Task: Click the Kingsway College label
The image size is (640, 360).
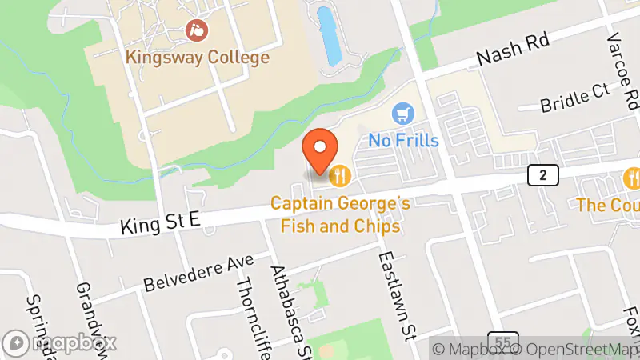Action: (x=196, y=58)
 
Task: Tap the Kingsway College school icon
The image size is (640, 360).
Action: (x=196, y=32)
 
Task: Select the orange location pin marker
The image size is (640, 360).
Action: (x=322, y=150)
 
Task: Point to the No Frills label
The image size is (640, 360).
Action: (x=404, y=140)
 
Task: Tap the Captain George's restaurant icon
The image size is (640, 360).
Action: (x=342, y=174)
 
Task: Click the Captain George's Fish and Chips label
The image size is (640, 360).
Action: (x=340, y=215)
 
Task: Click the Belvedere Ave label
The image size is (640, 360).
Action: (x=198, y=273)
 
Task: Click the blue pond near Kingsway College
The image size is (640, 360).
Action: (x=329, y=36)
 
